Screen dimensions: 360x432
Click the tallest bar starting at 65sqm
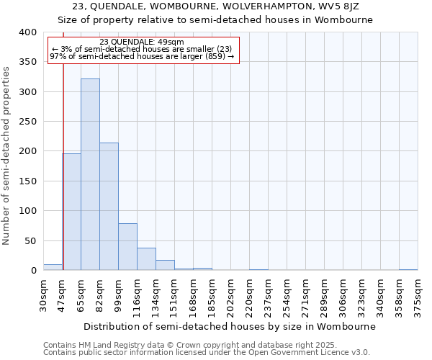point(90,174)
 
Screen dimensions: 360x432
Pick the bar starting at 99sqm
point(127,247)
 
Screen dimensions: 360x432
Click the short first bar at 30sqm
point(53,267)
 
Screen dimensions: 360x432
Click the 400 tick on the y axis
point(27,32)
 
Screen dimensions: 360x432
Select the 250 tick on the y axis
point(27,122)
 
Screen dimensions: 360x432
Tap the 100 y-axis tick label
point(27,211)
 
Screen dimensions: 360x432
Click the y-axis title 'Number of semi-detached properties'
point(7,155)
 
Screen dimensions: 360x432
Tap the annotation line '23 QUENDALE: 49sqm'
point(142,42)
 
